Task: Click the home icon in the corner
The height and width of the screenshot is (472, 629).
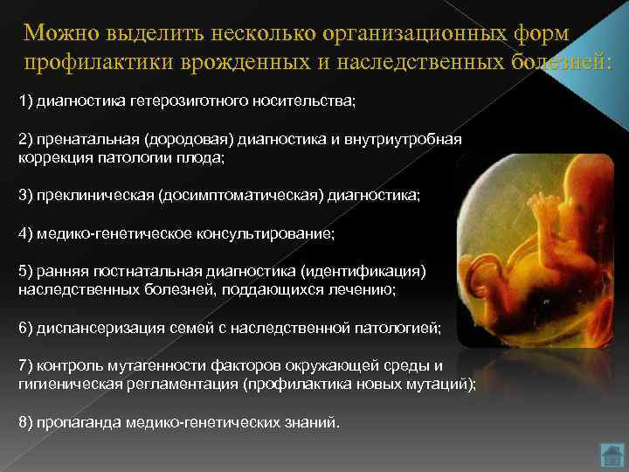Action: [x=610, y=455]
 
